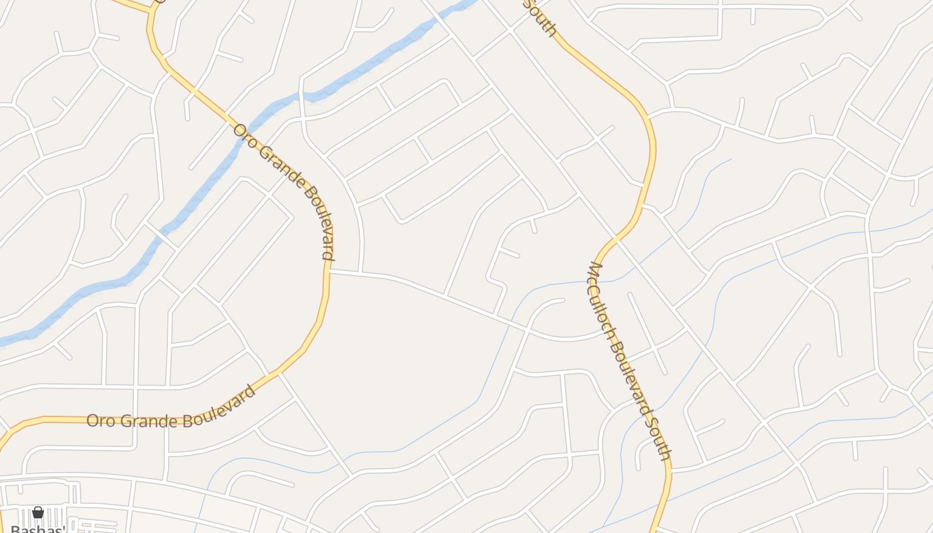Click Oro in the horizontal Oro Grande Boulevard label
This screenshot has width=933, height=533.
(101, 420)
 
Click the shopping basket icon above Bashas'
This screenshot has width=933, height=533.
(38, 512)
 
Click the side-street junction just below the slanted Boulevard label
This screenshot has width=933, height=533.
(329, 271)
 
